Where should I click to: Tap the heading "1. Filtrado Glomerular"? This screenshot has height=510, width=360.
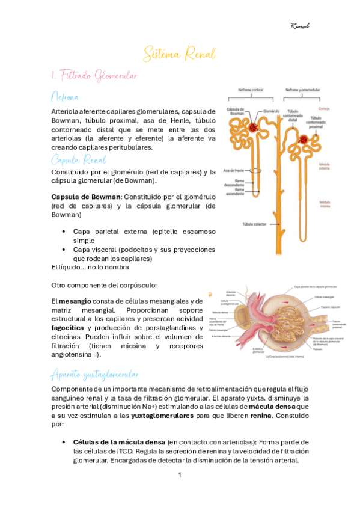[95, 76]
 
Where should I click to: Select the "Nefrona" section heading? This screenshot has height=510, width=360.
[66, 97]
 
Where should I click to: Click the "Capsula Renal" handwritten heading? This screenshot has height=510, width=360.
[79, 160]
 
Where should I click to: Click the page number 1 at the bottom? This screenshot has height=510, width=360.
[180, 475]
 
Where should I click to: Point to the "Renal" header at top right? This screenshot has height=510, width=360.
[299, 26]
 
